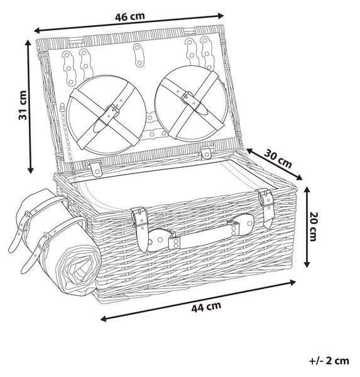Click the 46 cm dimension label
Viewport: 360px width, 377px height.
(x=129, y=16)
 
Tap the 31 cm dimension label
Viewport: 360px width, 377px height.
(x=23, y=105)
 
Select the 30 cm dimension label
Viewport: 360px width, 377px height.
(x=278, y=158)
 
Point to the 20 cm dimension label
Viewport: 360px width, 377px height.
(x=314, y=226)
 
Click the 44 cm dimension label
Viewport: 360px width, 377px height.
(x=206, y=307)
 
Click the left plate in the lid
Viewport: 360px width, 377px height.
(x=106, y=115)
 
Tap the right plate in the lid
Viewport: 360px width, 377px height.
(x=191, y=103)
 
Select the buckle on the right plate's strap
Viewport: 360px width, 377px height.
(x=187, y=96)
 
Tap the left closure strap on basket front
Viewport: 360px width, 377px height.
(x=140, y=229)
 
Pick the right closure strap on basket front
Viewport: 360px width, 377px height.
(x=266, y=207)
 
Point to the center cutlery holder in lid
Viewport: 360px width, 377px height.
(x=138, y=55)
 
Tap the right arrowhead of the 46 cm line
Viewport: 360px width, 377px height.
(x=221, y=16)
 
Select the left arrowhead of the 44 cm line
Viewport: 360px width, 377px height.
(x=104, y=319)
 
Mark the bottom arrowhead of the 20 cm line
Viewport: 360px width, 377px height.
(x=306, y=264)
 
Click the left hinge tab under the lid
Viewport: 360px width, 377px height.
(x=96, y=169)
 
